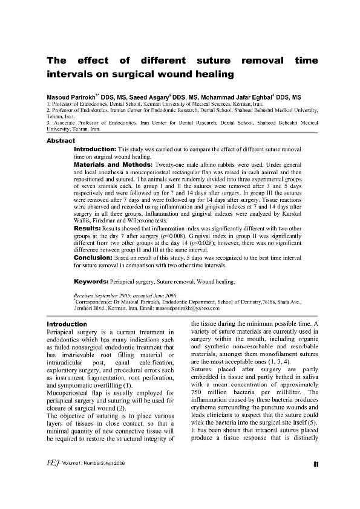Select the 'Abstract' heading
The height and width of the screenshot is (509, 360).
pos(61,140)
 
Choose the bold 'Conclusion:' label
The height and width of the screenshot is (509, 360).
pos(96,256)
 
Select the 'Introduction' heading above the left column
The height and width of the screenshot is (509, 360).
pos(67,325)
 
